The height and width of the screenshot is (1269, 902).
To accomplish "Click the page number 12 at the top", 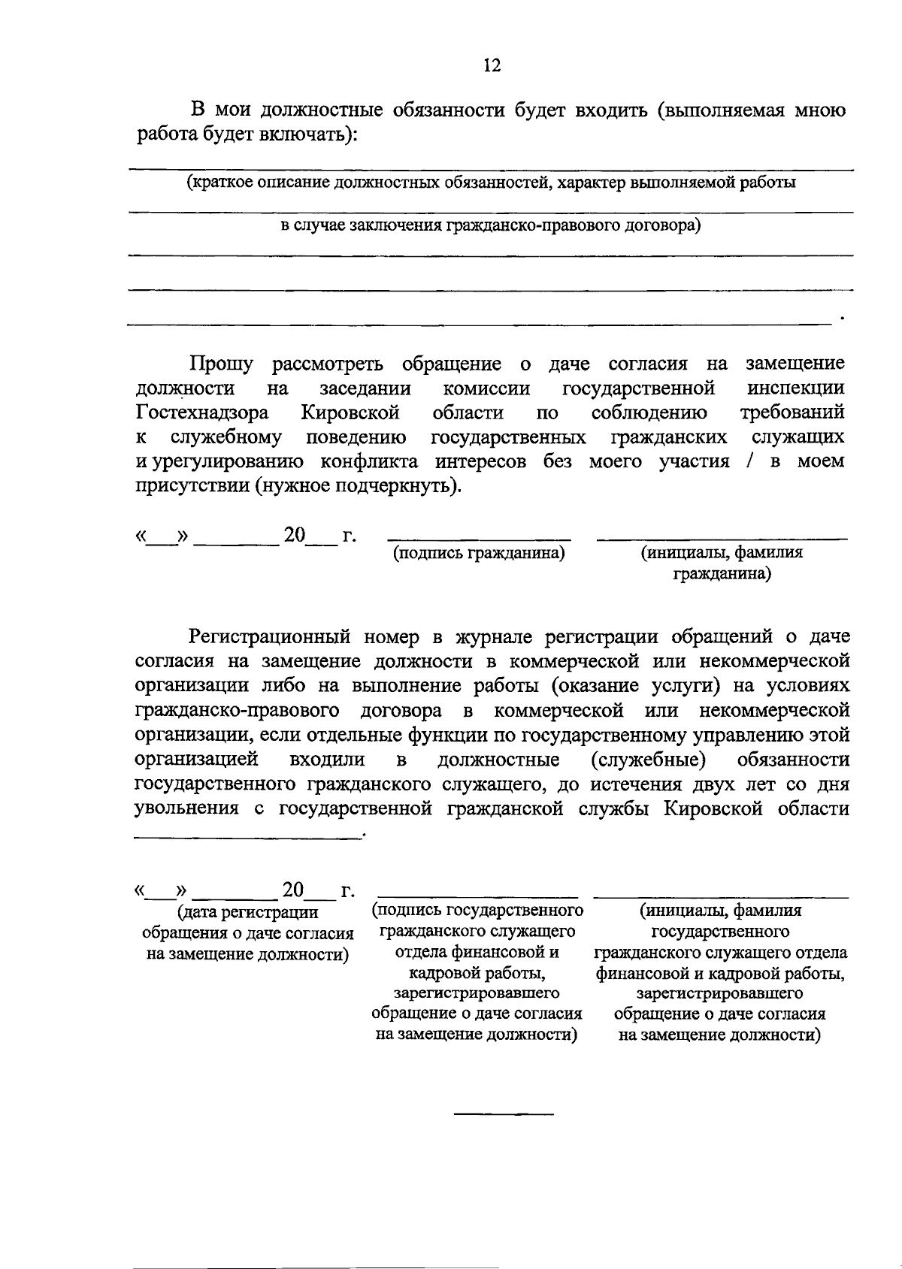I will (x=492, y=65).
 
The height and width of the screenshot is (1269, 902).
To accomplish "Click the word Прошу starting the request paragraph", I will (x=221, y=364).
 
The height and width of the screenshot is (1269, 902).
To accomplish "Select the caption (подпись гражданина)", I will (x=479, y=553).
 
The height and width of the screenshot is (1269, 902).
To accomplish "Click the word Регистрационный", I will (x=270, y=637).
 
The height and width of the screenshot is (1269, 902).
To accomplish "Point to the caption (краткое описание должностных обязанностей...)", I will (x=491, y=182).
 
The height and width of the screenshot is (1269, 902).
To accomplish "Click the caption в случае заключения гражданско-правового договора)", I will (x=491, y=225).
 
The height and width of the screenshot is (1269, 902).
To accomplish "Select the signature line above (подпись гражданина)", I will (x=479, y=539).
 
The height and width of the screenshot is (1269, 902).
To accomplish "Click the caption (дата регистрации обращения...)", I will (x=247, y=933).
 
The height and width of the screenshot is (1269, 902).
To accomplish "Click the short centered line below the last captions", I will (x=503, y=1113).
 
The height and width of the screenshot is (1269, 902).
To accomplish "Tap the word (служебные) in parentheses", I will (x=648, y=760).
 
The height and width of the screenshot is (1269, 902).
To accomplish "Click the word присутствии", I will (x=192, y=485).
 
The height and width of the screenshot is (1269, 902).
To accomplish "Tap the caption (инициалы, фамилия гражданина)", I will (x=721, y=563).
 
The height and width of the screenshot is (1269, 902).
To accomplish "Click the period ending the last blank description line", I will (x=843, y=319).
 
